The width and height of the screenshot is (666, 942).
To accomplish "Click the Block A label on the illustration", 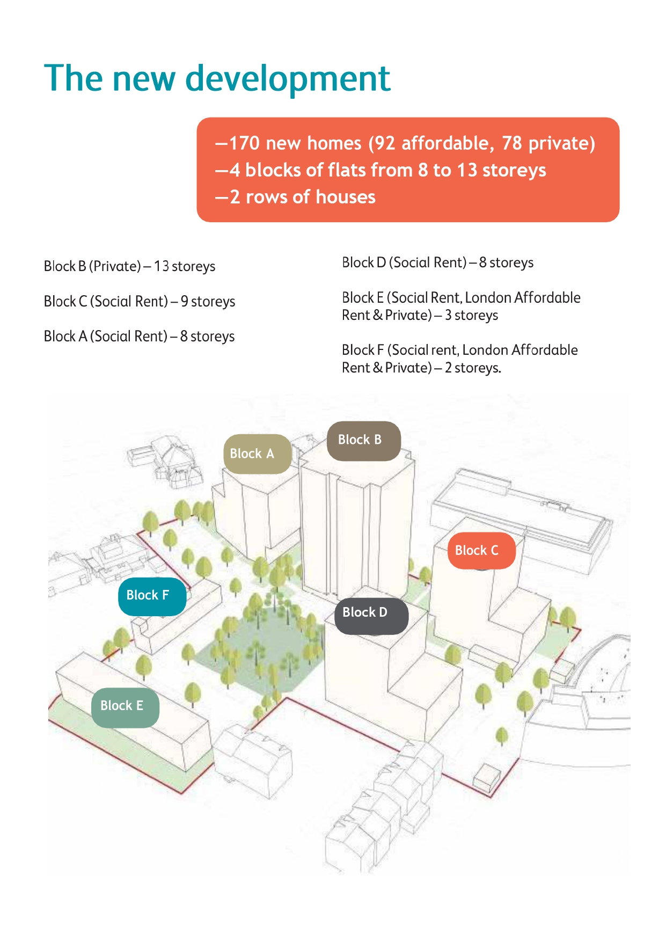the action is tap(257, 454).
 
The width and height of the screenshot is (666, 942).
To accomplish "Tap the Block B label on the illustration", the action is tap(364, 441).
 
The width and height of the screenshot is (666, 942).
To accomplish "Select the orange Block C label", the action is tap(481, 551).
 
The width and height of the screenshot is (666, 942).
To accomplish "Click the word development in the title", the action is tap(288, 79).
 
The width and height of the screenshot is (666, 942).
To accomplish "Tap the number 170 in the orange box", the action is tap(245, 143).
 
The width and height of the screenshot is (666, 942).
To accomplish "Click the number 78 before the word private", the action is tap(512, 143).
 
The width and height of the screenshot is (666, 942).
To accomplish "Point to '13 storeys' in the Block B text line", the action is tap(185, 266).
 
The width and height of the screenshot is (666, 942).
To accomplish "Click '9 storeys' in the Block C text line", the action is tap(208, 302).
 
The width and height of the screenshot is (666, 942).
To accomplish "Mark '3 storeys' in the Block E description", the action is tap(471, 315).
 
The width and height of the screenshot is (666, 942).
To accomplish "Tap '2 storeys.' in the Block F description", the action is tap(473, 368).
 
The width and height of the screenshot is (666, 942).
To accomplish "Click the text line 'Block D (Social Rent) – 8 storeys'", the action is tap(438, 262).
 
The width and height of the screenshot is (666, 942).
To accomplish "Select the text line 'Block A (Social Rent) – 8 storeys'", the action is tap(140, 337).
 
